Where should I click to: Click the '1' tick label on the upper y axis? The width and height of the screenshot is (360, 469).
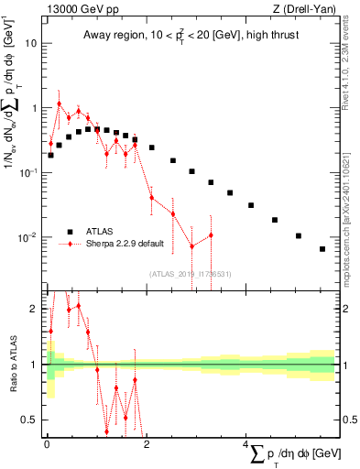[35, 108]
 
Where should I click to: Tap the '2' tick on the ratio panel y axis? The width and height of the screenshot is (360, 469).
[34, 309]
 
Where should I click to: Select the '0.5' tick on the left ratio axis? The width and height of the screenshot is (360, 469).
[30, 420]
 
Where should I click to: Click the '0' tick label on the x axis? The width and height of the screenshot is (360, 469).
[47, 445]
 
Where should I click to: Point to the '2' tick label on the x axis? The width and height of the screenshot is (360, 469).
[147, 445]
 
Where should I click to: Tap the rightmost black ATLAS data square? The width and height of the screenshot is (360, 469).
[322, 249]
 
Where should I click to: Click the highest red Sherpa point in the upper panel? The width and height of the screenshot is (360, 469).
[60, 104]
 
